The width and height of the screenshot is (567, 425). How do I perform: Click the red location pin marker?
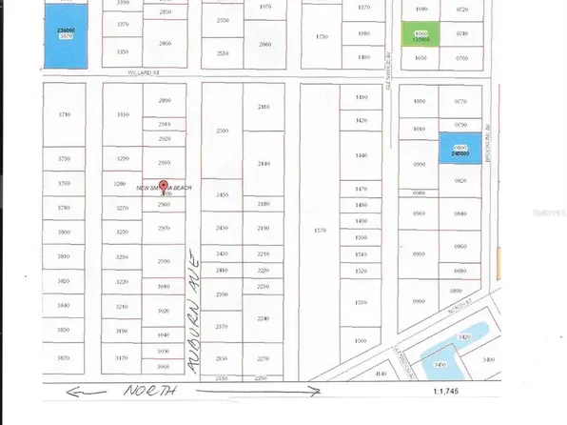coord(163,188)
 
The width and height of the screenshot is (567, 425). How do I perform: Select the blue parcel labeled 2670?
coord(66,37)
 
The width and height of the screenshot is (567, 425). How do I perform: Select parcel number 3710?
coord(65,114)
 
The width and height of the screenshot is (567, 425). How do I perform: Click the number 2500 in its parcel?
coord(224,131)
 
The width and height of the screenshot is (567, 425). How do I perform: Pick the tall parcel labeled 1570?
coord(320,230)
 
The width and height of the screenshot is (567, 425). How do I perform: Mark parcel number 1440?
coord(361,155)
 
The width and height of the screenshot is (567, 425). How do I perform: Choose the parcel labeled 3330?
coord(122,114)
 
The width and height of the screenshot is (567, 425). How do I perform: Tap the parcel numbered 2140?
coord(264,164)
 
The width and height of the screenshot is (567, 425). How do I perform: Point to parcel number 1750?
coord(322,36)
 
